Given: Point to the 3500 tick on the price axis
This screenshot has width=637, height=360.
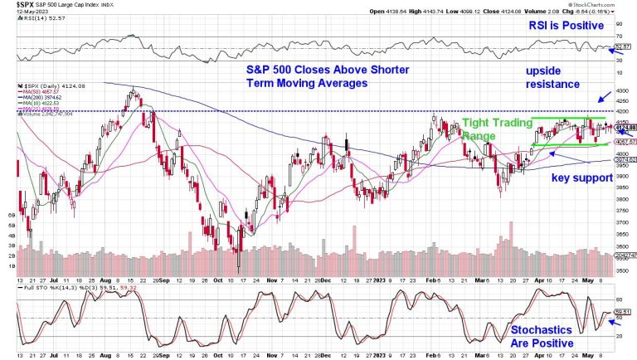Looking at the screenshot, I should tap(620, 271).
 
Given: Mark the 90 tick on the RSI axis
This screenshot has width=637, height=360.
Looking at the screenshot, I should tap(620, 24).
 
